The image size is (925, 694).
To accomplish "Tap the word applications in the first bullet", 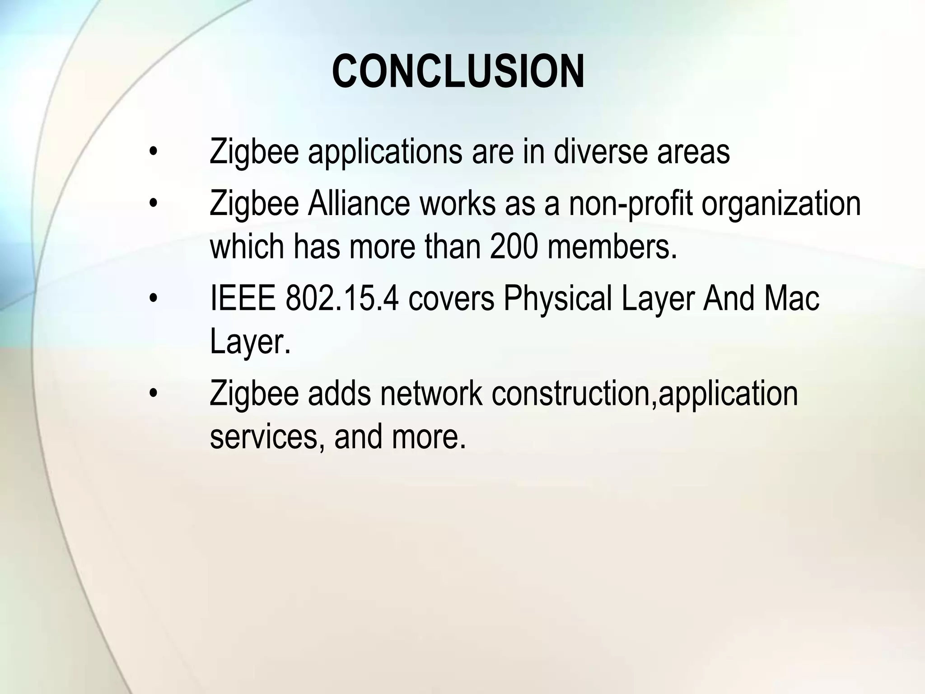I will click(385, 152).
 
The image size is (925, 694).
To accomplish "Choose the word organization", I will click(781, 205).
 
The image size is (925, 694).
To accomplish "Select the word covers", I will click(452, 299).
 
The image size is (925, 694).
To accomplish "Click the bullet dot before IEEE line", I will click(154, 299).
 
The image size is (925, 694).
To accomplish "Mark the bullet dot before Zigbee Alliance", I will click(154, 204).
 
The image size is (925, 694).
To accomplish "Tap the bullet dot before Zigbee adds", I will click(154, 394).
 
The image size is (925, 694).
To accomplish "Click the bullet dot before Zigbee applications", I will click(154, 152).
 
